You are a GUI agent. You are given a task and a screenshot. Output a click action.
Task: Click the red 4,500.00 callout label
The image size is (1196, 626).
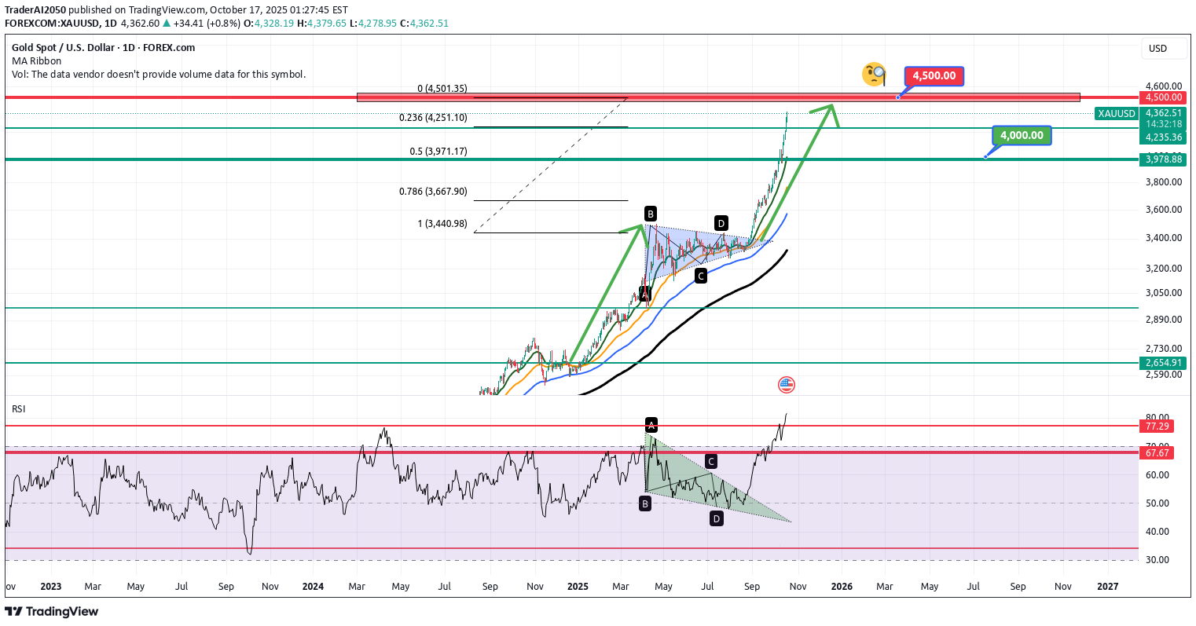(934, 76)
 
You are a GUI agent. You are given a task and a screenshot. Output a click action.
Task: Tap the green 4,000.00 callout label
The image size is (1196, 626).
(1021, 136)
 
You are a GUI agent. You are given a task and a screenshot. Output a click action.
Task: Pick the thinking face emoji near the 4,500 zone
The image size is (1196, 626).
(874, 75)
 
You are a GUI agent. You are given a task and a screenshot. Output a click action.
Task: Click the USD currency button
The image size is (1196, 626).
(1157, 49)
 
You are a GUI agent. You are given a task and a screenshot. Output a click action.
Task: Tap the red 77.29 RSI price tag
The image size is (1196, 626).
(1157, 426)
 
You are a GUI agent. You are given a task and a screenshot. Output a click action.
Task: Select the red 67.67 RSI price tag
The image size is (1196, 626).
(1157, 453)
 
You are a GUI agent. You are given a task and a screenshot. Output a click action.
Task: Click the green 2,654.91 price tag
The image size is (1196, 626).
(1163, 363)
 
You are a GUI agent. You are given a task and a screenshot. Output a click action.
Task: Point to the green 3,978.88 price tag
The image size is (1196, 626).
(1163, 159)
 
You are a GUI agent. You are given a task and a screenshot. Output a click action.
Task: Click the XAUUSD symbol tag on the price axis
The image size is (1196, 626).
(1117, 114)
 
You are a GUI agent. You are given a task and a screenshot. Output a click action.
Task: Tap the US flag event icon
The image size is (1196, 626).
(786, 385)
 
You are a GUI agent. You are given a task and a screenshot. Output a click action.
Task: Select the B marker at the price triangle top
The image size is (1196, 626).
(651, 214)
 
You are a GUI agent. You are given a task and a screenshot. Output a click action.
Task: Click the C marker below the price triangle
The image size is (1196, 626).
(700, 276)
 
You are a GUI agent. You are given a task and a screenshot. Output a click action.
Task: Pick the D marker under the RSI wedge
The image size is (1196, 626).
(716, 518)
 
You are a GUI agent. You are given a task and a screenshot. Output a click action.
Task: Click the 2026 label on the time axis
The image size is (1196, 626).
(842, 587)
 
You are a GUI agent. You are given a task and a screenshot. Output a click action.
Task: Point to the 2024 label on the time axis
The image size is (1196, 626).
(313, 587)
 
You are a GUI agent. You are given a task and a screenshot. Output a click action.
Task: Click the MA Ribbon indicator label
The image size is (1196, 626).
(36, 61)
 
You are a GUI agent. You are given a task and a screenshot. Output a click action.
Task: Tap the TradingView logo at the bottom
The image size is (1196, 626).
(52, 611)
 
